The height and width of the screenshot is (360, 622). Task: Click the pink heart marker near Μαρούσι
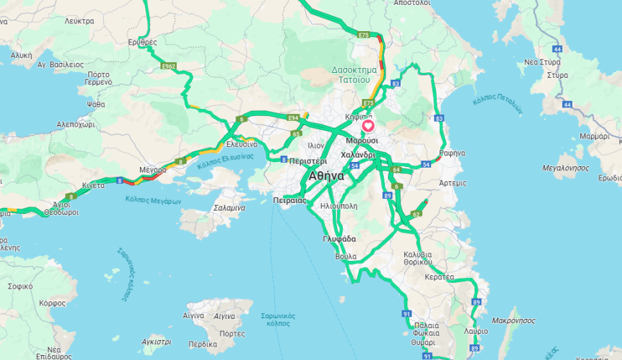click(x=368, y=126)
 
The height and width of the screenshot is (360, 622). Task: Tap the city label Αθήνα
click(x=326, y=176)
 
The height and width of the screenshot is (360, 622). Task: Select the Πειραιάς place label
click(x=289, y=201)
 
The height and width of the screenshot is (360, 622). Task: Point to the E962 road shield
click(x=168, y=66)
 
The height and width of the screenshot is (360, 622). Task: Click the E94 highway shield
click(x=293, y=117)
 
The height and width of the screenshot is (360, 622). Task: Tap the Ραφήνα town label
click(x=452, y=153)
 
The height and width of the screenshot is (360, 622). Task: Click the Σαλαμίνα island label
click(x=229, y=208)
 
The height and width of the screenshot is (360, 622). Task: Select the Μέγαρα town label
click(x=153, y=170)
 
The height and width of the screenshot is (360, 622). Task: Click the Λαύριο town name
click(x=476, y=331)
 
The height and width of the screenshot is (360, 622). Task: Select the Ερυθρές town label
click(x=142, y=42)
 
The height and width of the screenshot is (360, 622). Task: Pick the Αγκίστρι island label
click(x=156, y=342)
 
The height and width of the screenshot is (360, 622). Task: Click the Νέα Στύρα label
click(x=542, y=62)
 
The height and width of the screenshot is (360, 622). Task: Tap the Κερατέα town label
click(x=440, y=277)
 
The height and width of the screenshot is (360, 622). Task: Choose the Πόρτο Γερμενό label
click(x=99, y=78)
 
